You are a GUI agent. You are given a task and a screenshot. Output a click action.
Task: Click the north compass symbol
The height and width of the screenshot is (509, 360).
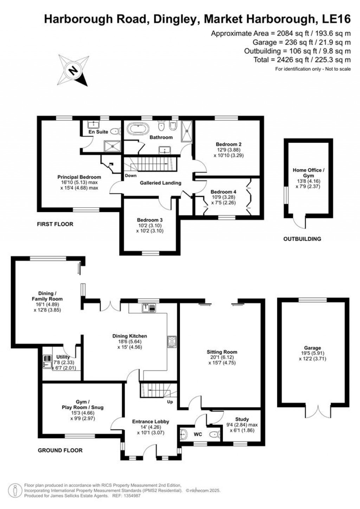pos(73,70)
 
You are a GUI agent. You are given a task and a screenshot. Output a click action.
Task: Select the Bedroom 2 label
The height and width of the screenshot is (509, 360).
pos(229,144)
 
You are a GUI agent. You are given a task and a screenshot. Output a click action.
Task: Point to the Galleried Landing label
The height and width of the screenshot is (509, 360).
pos(160,183)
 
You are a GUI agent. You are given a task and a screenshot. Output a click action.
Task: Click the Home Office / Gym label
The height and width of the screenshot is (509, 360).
pos(308,173)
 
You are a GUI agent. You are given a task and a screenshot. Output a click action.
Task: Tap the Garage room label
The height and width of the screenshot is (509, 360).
pos(313,348)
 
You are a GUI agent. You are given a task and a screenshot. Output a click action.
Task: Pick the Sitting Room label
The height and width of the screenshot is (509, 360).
pos(222,352)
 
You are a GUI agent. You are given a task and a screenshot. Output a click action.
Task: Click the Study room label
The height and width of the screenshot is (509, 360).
pos(242,419)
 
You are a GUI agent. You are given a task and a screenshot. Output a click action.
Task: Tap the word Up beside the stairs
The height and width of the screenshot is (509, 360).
pos(170,402)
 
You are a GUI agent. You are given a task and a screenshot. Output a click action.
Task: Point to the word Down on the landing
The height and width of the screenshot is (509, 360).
pos(130,176)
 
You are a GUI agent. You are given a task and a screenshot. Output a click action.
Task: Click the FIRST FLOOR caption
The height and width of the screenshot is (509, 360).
pos(55,224)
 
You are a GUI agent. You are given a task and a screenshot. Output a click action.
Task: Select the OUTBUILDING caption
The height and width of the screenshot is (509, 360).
pos(302,239)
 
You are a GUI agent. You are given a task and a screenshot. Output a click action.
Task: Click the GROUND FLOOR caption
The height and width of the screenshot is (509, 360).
pos(60,450)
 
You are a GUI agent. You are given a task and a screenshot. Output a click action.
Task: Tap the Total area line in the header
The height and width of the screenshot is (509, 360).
pos(302,60)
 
